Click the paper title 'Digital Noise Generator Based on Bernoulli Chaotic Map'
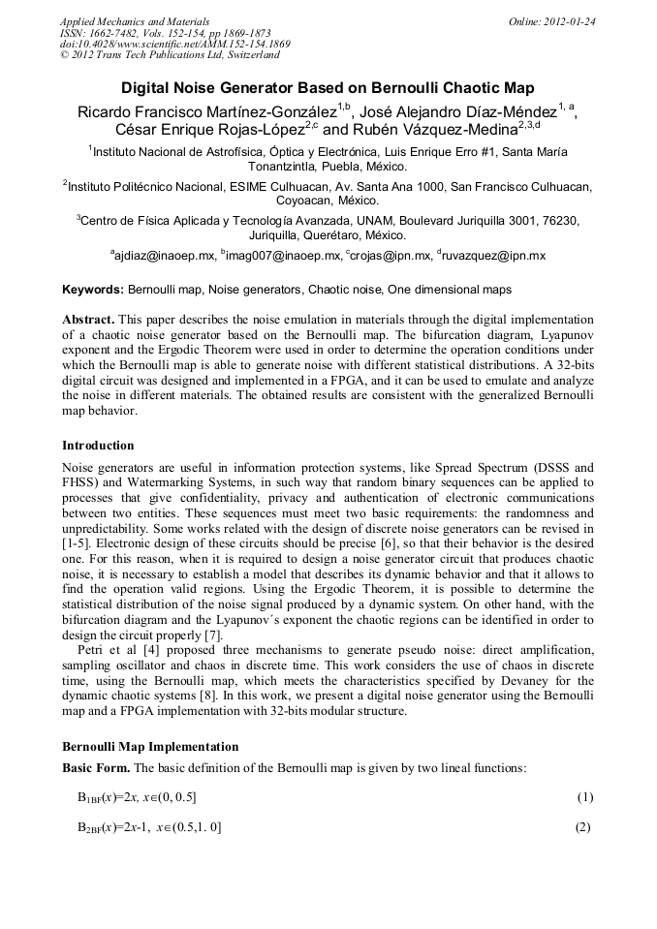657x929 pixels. click(x=328, y=87)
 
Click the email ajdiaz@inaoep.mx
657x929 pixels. click(x=163, y=256)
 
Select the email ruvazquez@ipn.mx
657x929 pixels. click(x=494, y=256)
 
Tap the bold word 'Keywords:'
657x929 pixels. click(x=93, y=290)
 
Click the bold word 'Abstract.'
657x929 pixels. click(x=90, y=319)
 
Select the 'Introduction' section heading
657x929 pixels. click(x=98, y=446)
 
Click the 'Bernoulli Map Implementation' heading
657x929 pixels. click(x=149, y=748)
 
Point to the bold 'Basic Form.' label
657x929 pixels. click(x=96, y=768)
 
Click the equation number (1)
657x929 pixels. click(x=584, y=798)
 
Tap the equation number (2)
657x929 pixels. click(x=584, y=827)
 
